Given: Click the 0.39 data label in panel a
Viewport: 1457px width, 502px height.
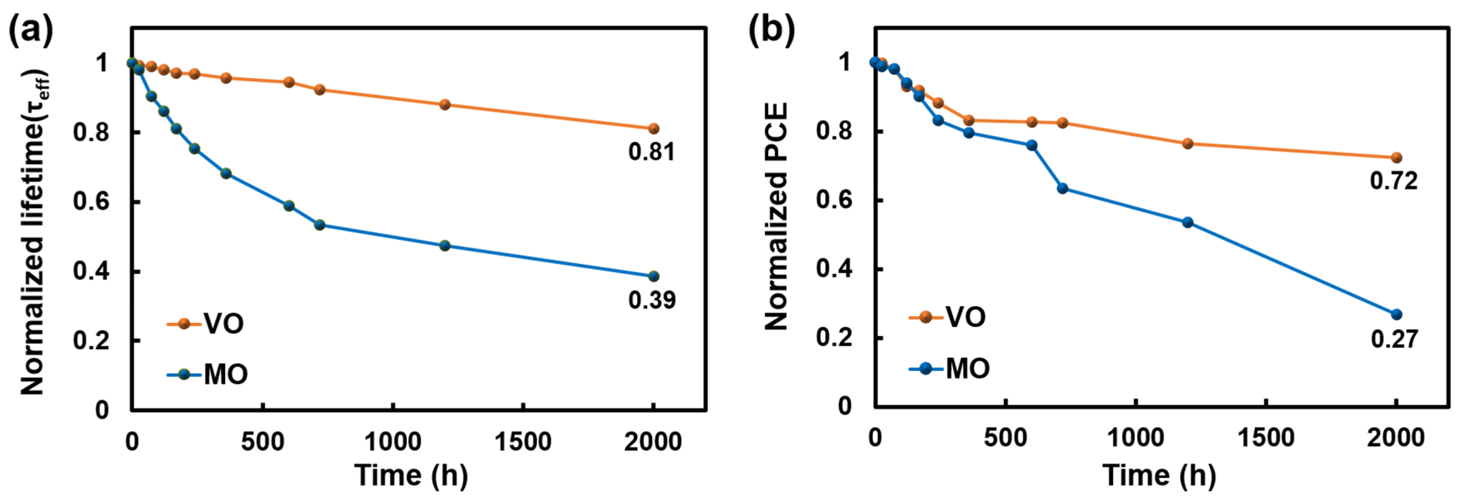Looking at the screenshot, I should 651,300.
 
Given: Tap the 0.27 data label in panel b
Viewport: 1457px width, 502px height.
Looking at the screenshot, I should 1394,339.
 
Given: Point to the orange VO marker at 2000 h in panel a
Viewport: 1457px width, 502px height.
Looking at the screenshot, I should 653,129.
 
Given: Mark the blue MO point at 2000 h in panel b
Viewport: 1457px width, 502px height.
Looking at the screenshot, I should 1397,314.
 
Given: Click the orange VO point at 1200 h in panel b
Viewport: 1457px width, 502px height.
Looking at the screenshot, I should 1188,143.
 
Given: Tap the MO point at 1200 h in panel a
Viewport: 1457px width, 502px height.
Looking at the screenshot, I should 445,246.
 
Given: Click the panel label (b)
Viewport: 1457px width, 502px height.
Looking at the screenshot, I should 772,31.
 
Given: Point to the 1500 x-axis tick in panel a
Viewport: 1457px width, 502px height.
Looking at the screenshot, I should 523,442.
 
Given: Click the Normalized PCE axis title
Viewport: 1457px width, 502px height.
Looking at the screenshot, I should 777,217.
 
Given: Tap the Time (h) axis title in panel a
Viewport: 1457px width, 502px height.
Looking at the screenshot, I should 411,475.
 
